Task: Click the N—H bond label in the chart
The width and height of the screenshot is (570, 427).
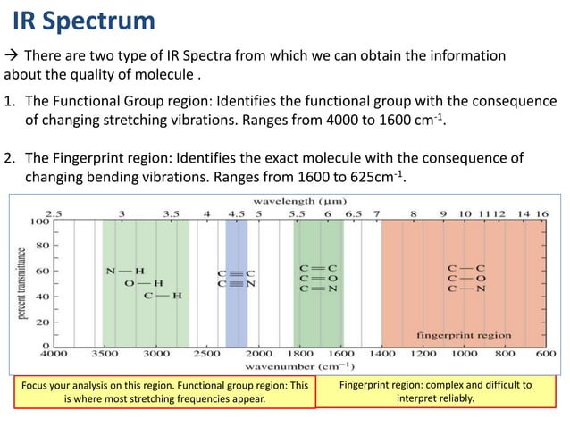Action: coord(125,271)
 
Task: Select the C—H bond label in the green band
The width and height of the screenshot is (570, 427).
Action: coord(163,296)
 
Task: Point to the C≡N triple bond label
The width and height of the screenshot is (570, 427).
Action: coord(237,284)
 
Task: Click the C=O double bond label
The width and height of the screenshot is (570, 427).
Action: coord(318,278)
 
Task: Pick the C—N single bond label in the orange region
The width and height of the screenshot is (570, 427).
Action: coord(467,289)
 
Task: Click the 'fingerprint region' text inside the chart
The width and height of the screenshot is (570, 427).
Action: coord(465,335)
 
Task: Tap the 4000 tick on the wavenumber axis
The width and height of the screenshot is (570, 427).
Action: coord(54,354)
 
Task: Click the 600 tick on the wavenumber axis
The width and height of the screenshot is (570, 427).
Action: coord(546,354)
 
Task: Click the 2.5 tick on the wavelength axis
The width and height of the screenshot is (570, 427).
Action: coord(54,214)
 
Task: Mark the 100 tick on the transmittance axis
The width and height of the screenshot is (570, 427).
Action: coord(40,221)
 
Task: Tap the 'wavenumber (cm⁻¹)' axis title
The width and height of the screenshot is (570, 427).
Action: coord(299,366)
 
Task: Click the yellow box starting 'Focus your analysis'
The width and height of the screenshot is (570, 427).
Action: coord(165,392)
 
